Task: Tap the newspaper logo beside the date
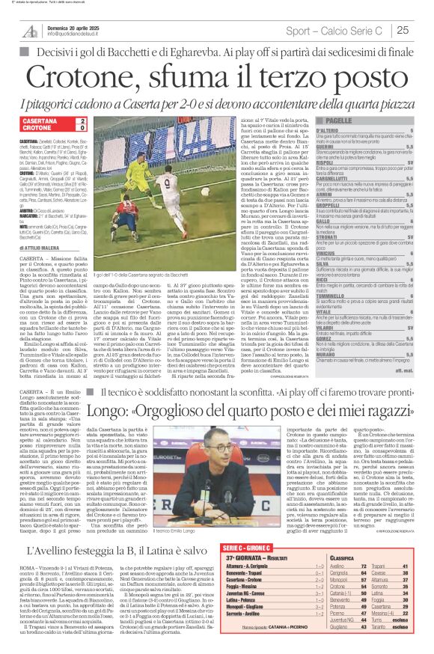(30, 30)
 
